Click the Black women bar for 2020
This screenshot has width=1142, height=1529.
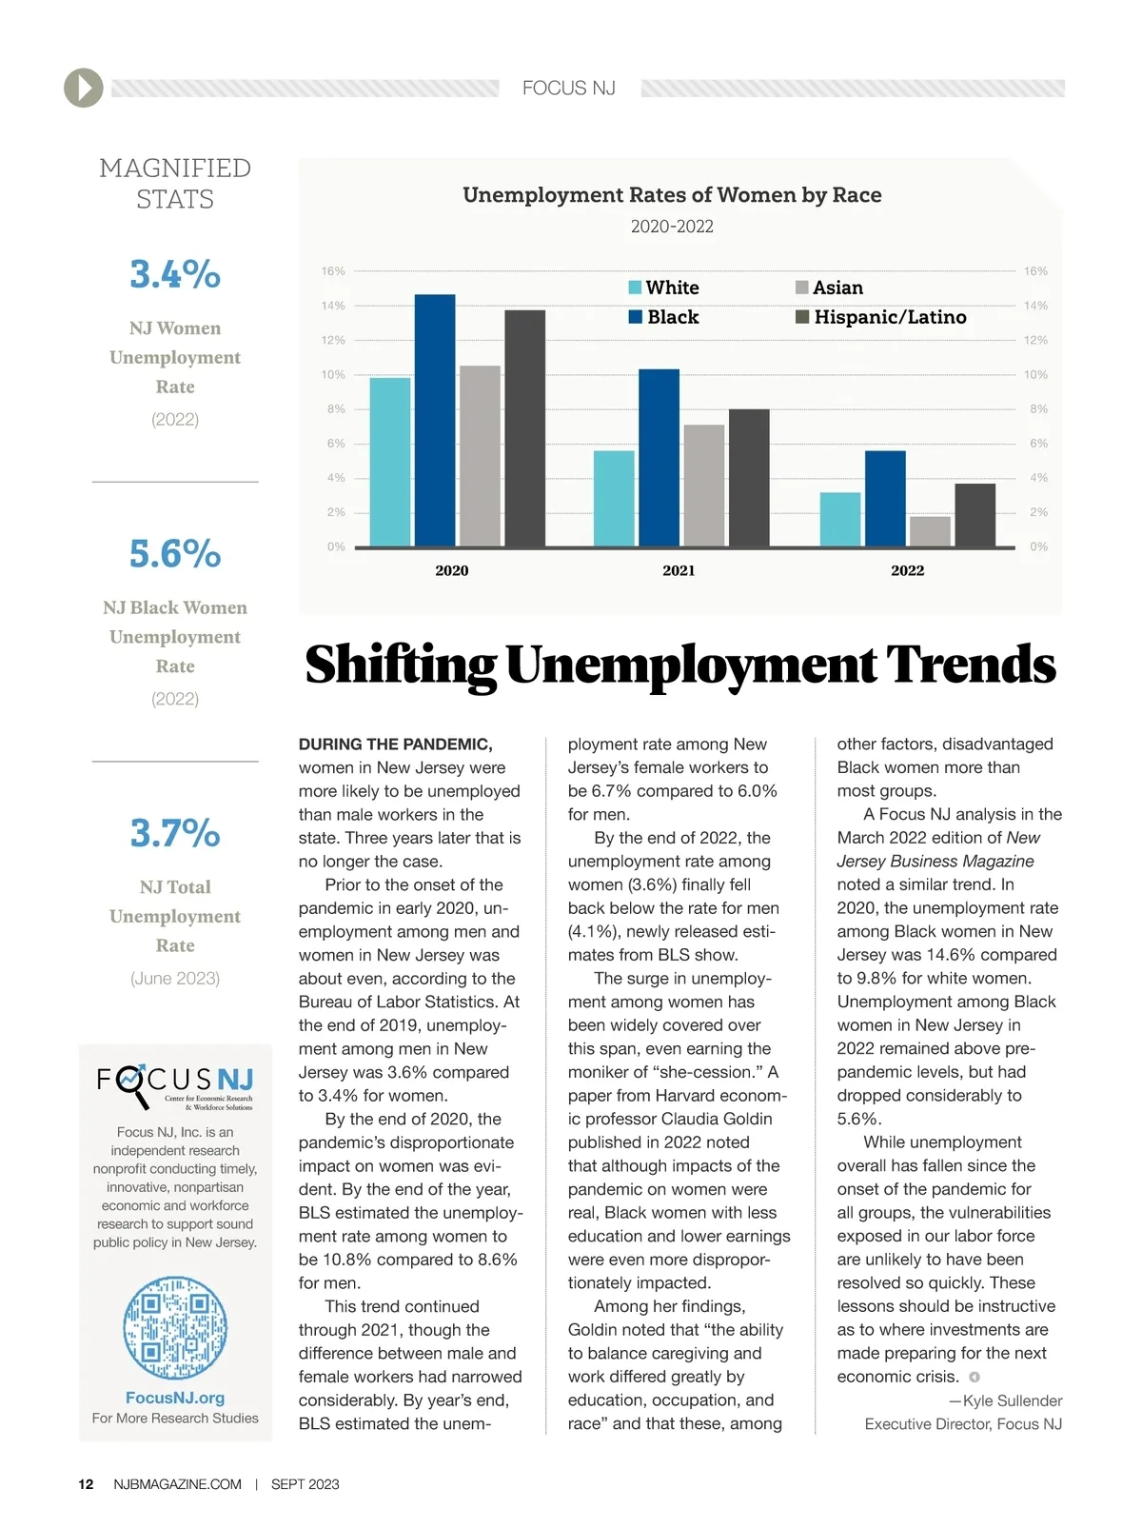[x=435, y=421]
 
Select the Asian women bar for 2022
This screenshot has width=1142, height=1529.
[x=930, y=531]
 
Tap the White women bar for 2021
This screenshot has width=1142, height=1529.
[x=614, y=499]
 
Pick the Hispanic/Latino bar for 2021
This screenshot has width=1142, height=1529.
[x=749, y=478]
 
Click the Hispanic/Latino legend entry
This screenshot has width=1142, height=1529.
[x=889, y=317]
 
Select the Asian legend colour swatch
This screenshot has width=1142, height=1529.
[x=802, y=288]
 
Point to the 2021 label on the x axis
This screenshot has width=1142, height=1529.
[x=679, y=570]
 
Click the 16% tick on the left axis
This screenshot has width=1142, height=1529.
[x=333, y=271]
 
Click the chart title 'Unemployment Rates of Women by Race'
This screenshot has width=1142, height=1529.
[x=672, y=195]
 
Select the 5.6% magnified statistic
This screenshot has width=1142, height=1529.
[x=175, y=553]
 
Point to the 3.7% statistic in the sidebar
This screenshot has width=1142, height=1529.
[x=175, y=833]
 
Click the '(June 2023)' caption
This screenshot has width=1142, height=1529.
[x=175, y=978]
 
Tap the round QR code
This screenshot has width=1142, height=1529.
[x=175, y=1328]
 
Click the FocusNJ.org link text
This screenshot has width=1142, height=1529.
[x=175, y=1398]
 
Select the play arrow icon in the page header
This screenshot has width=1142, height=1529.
[x=84, y=89]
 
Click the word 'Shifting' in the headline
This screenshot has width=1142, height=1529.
[x=401, y=665]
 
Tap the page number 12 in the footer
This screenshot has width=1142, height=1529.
[x=86, y=1484]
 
